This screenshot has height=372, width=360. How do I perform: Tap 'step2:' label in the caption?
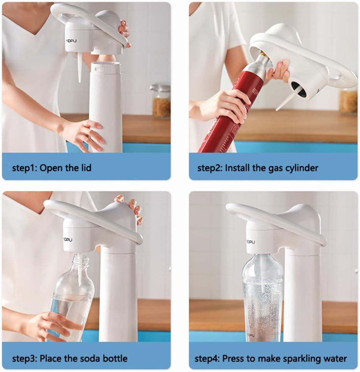pyautogui.click(x=210, y=168)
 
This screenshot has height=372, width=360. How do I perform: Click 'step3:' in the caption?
pyautogui.click(x=24, y=359)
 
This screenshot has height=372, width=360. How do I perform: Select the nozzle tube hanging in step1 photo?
pyautogui.click(x=80, y=67)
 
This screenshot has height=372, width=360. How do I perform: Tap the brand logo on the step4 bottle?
pyautogui.click(x=251, y=334)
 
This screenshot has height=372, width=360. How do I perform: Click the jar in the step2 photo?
pyautogui.click(x=348, y=101)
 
